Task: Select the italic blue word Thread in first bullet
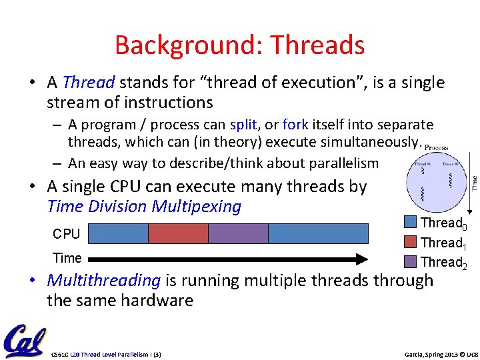(89, 83)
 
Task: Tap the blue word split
(243, 125)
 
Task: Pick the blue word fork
(295, 125)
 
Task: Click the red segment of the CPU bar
(178, 233)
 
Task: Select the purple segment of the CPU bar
(238, 233)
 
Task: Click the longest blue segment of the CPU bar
(318, 233)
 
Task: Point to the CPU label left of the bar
(66, 234)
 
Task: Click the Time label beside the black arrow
(67, 258)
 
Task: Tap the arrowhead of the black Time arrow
(361, 259)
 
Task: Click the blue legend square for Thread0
(411, 223)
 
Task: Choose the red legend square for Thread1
(411, 242)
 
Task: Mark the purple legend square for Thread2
(411, 261)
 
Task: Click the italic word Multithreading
(104, 281)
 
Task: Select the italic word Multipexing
(197, 207)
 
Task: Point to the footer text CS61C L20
(69, 354)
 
